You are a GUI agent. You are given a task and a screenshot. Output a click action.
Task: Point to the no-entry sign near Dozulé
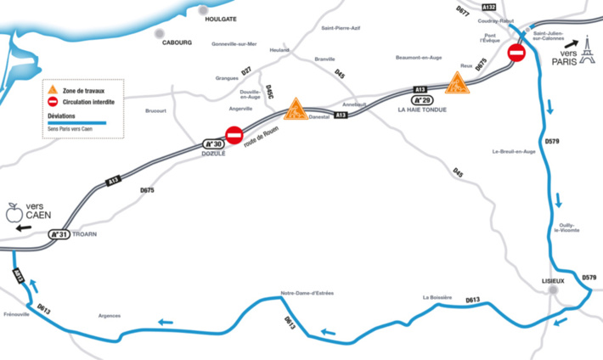(x=234, y=134)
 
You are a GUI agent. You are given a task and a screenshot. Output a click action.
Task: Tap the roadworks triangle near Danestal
(x=296, y=109)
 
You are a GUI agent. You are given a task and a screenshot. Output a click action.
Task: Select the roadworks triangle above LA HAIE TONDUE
(x=456, y=83)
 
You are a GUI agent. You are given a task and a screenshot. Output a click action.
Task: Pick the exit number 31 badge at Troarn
(x=58, y=234)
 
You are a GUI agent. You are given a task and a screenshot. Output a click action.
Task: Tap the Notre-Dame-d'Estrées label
(x=307, y=293)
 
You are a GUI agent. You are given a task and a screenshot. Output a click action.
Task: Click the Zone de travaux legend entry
(x=84, y=90)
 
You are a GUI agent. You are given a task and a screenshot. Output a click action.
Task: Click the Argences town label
(x=110, y=314)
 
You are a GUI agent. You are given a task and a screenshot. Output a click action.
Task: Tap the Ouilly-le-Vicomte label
(x=568, y=227)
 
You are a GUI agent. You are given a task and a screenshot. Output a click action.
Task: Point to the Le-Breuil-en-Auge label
(x=514, y=152)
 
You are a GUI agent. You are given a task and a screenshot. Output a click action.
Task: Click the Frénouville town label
(x=17, y=314)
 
